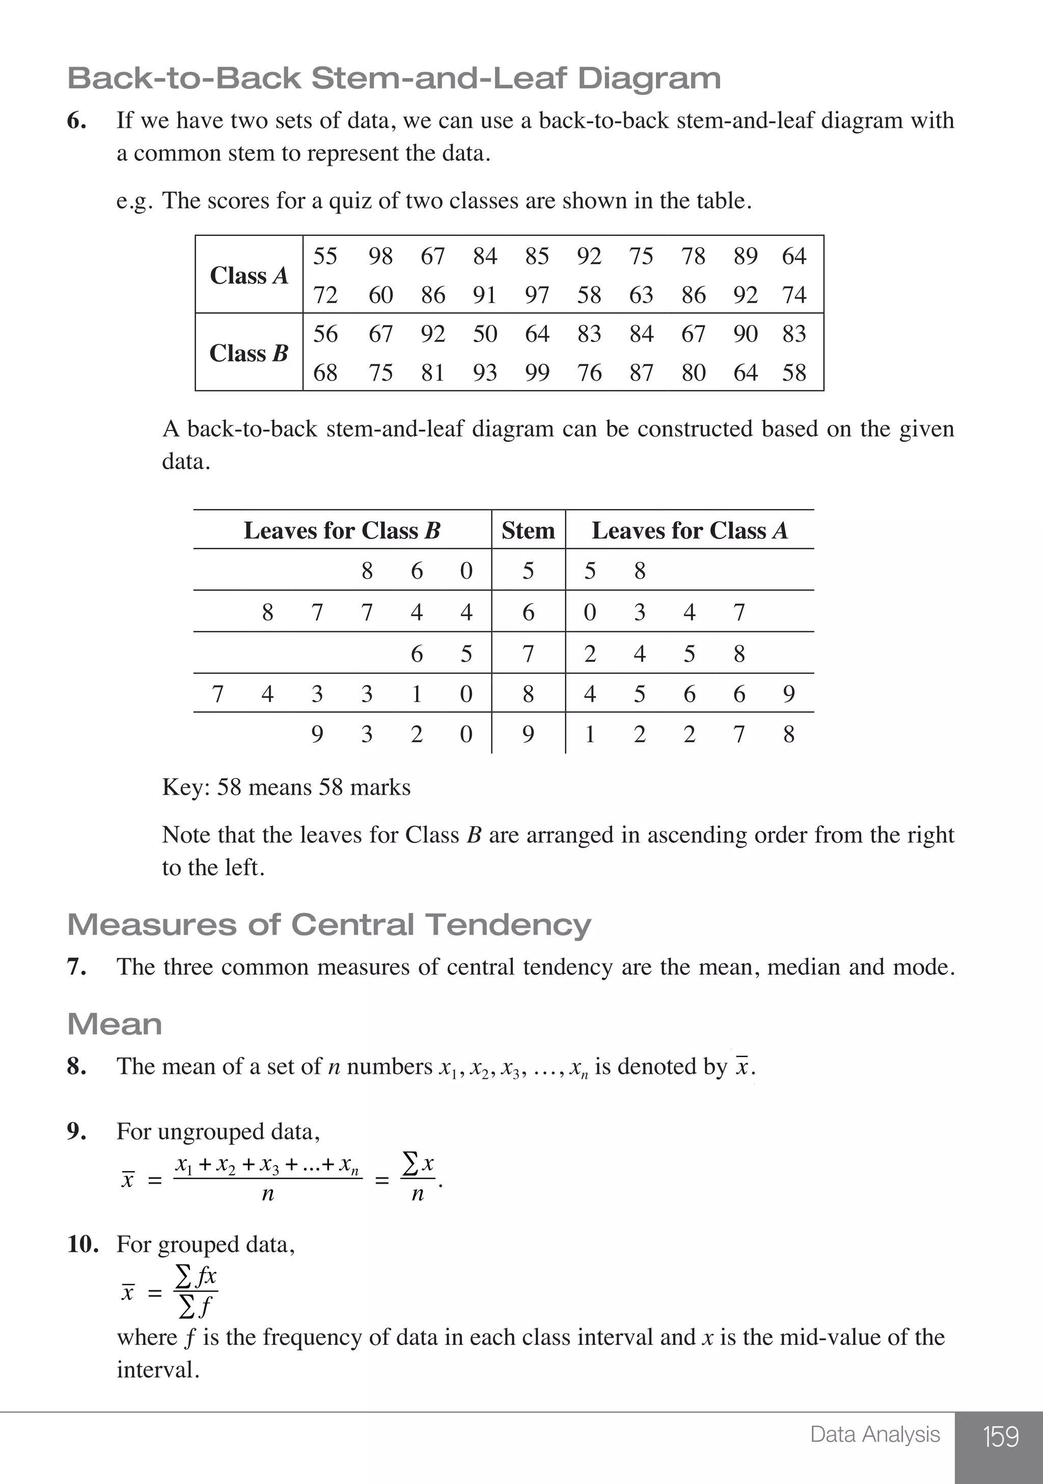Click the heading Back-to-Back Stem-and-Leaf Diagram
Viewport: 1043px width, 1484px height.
(394, 78)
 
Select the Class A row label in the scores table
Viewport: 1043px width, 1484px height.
(249, 275)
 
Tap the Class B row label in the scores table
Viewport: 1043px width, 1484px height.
(249, 353)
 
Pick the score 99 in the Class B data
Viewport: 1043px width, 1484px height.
(536, 373)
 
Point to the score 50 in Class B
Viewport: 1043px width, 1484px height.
(485, 334)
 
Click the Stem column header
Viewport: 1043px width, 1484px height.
(528, 531)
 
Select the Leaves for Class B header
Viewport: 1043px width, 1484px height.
(342, 531)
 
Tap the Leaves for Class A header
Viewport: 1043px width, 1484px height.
(690, 531)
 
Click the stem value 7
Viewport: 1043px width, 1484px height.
(528, 654)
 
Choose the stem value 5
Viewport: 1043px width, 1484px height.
(528, 571)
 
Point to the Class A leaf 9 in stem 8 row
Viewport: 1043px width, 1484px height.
(788, 694)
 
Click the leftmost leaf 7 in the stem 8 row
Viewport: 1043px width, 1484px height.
(218, 694)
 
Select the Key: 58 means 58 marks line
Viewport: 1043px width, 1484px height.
(286, 787)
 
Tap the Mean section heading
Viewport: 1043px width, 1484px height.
(115, 1024)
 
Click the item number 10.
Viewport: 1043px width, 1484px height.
(83, 1244)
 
